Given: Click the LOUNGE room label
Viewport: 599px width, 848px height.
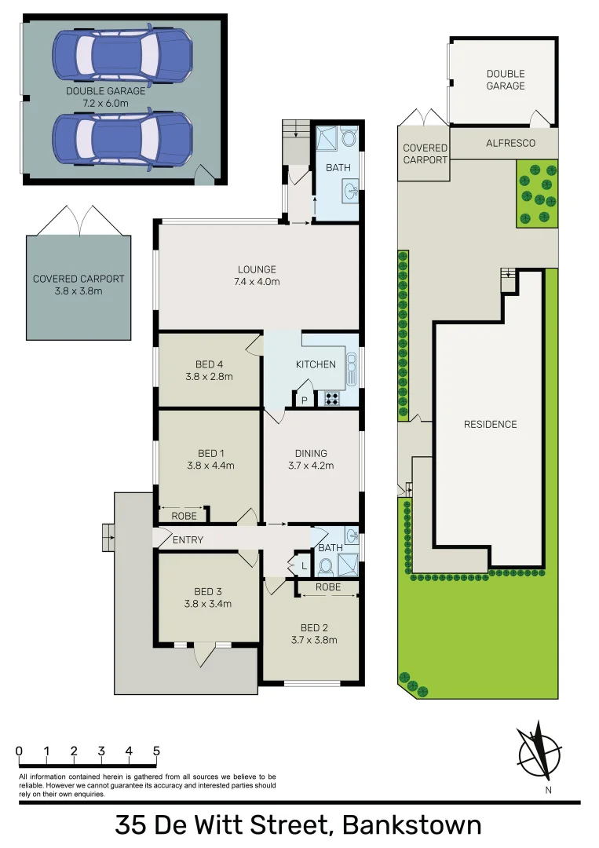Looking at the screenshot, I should click(x=258, y=269).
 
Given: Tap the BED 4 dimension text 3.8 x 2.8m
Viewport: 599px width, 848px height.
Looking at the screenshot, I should click(x=210, y=376).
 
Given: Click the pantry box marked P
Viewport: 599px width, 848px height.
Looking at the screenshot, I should click(x=305, y=400).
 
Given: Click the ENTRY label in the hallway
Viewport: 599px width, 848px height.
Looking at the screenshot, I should click(x=188, y=540).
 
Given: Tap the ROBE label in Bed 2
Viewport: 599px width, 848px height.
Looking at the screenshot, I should click(x=327, y=587).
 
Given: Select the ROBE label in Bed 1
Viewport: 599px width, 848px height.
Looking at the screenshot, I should click(x=184, y=516).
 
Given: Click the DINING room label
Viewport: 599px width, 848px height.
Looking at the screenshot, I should click(x=311, y=453).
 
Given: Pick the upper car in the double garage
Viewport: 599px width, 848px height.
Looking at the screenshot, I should click(x=122, y=54).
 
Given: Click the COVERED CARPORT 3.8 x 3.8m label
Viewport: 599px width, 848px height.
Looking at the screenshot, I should click(x=79, y=284).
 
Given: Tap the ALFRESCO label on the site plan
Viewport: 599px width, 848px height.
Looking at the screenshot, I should click(x=510, y=143).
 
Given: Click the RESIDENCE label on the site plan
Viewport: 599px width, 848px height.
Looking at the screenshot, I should click(x=490, y=424).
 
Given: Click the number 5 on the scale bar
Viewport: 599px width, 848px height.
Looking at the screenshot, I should click(x=156, y=751).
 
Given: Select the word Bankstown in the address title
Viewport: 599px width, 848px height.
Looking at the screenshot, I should click(x=412, y=826).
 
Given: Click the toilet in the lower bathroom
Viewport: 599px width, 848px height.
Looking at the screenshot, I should click(x=327, y=566).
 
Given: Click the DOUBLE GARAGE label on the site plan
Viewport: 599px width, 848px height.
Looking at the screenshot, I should click(x=505, y=79).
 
